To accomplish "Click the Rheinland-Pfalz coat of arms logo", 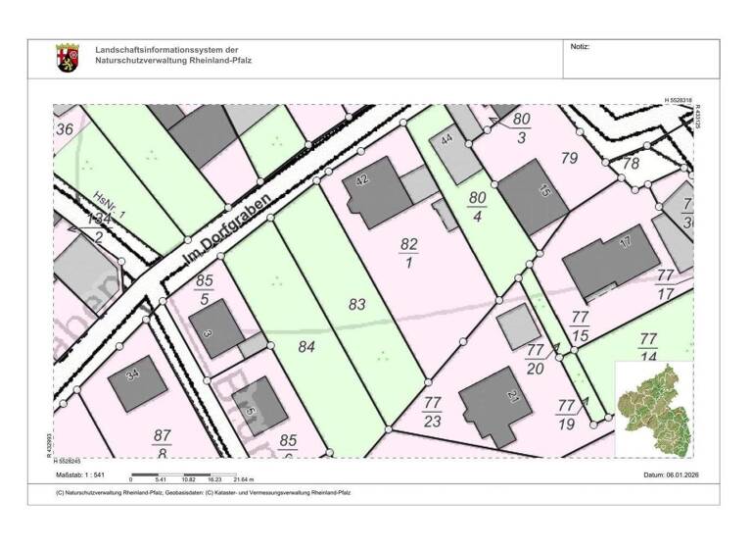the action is [68, 57].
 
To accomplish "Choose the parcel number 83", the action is [357, 305].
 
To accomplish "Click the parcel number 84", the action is [306, 345].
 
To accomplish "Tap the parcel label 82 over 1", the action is [409, 252].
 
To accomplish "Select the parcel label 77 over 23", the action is [432, 412].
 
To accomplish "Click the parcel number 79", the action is [569, 158].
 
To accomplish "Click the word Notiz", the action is [581, 47].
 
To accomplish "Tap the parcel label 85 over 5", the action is [204, 290].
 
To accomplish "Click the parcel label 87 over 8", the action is [163, 442].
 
